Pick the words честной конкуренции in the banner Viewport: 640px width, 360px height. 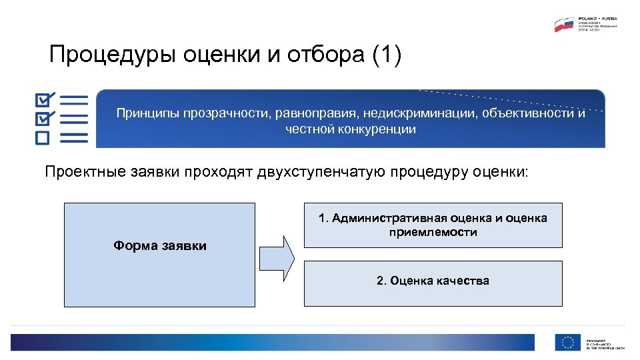point(350,129)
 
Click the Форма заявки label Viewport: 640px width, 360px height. point(160,246)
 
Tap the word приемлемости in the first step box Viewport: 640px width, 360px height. point(433,232)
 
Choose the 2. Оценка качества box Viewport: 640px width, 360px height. point(433,281)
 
